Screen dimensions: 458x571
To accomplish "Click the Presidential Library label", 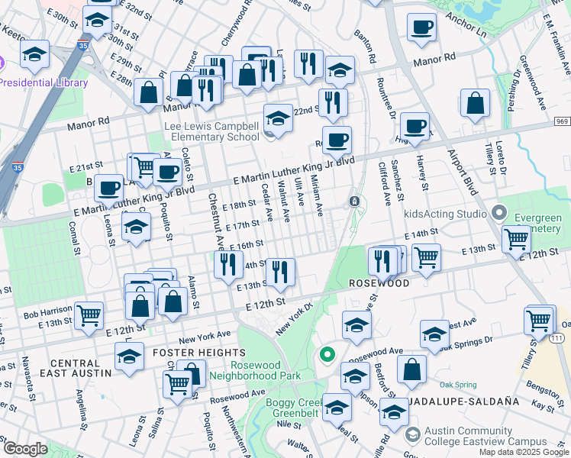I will (x=44, y=82).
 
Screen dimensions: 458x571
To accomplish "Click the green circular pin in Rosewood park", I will (x=327, y=354).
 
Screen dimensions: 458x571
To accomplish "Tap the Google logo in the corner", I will (x=24, y=449).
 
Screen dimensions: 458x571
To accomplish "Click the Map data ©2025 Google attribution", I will (x=524, y=452).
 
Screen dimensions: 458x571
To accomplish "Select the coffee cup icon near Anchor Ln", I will (x=421, y=28).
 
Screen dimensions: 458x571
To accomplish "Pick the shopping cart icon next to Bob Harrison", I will (x=89, y=314).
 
